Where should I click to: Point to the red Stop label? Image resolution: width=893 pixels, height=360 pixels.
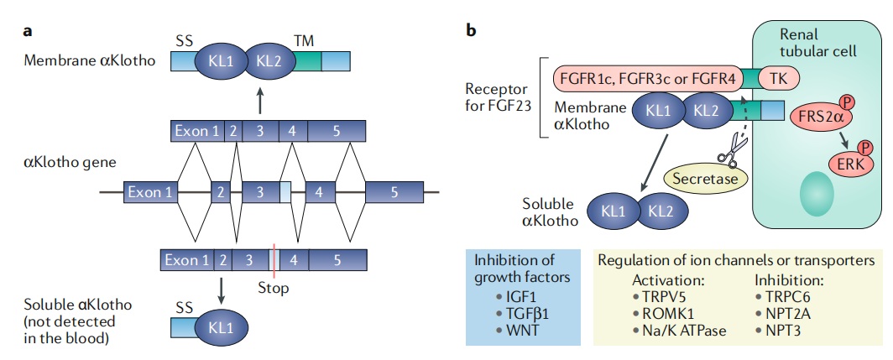(x=273, y=288)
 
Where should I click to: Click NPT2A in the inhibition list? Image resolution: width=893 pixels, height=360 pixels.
(x=786, y=313)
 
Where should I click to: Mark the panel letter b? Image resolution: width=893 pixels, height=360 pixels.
(x=472, y=32)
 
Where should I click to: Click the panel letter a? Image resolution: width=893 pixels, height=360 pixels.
(x=28, y=32)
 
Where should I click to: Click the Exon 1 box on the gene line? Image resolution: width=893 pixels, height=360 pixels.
(x=151, y=192)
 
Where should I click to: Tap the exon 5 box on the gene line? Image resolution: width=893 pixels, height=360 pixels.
(x=394, y=192)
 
